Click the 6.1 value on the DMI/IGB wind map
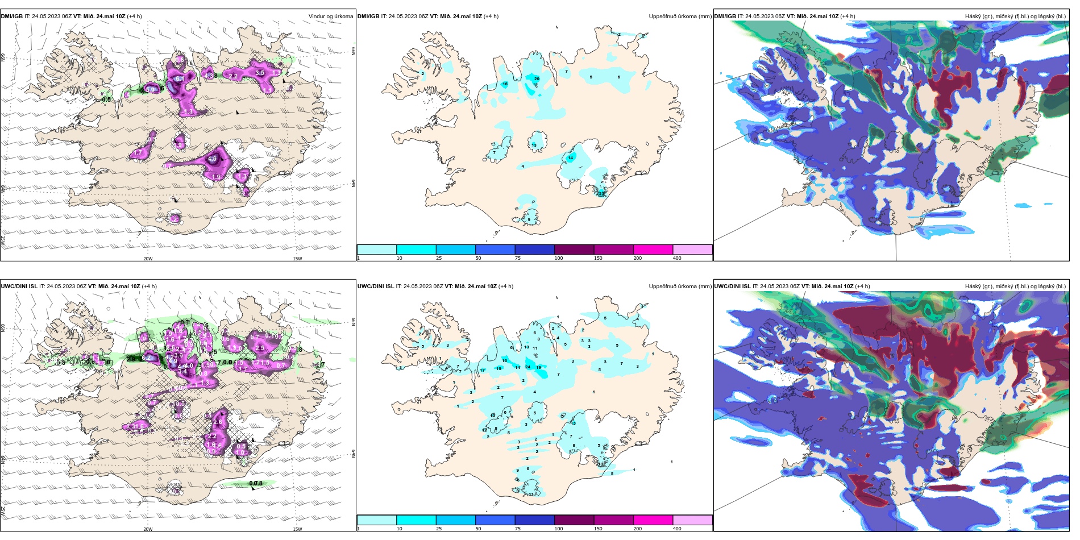point(178,78)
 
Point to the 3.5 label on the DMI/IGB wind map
point(260,73)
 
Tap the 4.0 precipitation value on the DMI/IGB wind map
point(213,159)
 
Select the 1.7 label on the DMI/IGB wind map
point(138,153)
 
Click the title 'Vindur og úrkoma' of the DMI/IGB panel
point(330,16)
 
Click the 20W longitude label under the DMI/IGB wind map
point(148,259)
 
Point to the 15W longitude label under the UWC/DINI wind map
point(297,529)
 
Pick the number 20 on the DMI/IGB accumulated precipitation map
point(537,78)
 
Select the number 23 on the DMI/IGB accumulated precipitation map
point(601,194)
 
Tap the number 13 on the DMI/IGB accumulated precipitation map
point(534,146)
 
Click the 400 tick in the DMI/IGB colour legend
point(677,258)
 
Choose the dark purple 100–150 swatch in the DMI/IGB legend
point(574,250)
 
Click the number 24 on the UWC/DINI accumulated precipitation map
point(528,367)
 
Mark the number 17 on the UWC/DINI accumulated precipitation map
point(483,370)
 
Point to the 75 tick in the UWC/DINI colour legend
point(518,529)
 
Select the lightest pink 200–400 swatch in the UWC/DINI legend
point(692,520)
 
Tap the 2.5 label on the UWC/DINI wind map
point(260,348)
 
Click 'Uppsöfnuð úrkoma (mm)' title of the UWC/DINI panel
point(680,286)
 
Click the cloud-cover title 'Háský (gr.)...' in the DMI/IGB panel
point(1015,16)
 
